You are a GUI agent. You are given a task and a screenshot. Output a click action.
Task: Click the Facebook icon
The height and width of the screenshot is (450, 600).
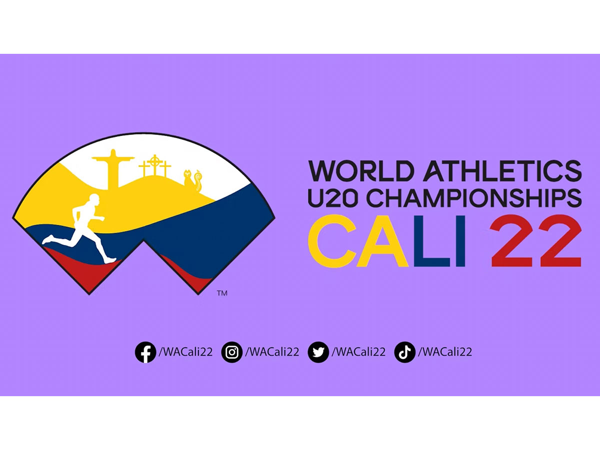click(145, 352)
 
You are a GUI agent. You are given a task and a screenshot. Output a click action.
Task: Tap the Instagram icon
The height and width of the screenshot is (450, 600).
click(232, 352)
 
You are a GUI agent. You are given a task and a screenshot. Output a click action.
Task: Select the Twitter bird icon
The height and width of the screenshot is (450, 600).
click(318, 352)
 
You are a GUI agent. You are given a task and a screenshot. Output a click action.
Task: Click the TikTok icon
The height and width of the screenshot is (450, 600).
click(405, 352)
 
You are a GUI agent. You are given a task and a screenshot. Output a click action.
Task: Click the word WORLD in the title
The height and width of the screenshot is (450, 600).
click(359, 171)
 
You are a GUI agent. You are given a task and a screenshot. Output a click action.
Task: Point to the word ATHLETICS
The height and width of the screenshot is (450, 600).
click(502, 171)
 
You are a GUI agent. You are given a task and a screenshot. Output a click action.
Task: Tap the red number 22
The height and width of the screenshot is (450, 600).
click(536, 240)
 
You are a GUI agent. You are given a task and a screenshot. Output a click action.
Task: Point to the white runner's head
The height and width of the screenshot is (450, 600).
click(93, 199)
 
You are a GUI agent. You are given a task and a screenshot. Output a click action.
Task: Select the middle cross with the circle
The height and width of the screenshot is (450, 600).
click(154, 165)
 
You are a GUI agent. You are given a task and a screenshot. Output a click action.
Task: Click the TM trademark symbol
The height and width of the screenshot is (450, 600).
click(222, 293)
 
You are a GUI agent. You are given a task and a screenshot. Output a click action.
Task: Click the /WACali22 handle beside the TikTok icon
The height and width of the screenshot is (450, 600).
click(445, 352)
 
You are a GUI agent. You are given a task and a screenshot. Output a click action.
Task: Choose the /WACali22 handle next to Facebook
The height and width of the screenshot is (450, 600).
click(185, 352)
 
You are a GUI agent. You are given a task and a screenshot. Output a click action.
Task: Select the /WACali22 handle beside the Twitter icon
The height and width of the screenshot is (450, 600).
click(358, 352)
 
